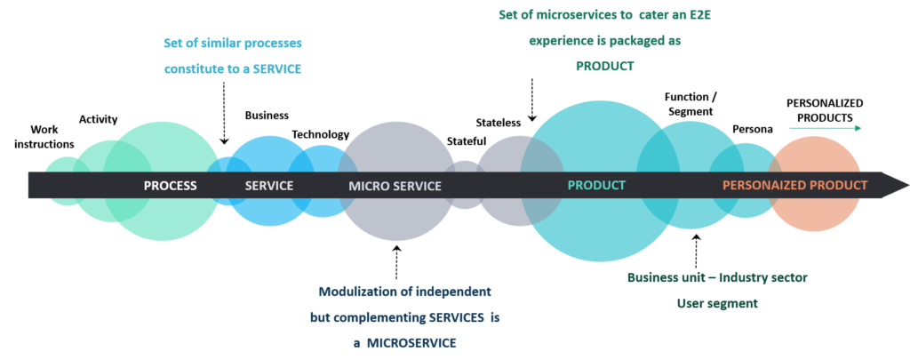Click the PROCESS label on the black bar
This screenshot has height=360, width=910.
170,186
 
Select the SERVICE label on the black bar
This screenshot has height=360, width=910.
268,186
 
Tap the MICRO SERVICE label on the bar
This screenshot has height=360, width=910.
395,186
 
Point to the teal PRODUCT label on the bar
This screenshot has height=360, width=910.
596,185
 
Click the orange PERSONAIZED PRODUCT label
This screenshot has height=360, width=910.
795,185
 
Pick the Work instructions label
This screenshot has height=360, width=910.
44,137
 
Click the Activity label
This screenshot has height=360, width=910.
98,120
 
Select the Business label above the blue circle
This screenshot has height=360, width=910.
267,115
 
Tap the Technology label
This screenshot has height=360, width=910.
320,135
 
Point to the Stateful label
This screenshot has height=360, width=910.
467,141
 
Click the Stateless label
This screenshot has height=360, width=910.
499,123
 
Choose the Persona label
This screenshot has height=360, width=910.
752,129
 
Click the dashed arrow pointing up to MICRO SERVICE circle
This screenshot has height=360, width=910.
397,262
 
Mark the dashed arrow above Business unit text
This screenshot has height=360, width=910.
696,250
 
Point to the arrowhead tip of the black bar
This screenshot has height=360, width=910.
908,185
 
